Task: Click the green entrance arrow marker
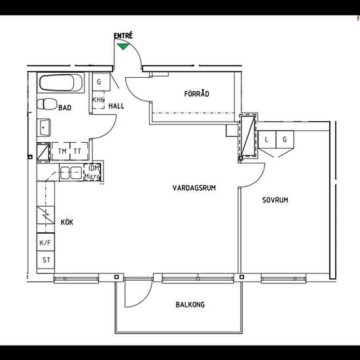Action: pyautogui.click(x=123, y=46)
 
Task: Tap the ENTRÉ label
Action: pyautogui.click(x=123, y=36)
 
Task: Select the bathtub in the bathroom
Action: pyautogui.click(x=61, y=82)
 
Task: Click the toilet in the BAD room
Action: pyautogui.click(x=47, y=104)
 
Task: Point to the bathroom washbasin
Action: pyautogui.click(x=44, y=128)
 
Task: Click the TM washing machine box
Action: pyautogui.click(x=61, y=151)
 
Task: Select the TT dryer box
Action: pyautogui.click(x=79, y=151)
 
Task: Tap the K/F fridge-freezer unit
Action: pyautogui.click(x=46, y=242)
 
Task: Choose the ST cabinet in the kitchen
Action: pyautogui.click(x=46, y=260)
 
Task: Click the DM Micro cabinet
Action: pyautogui.click(x=92, y=172)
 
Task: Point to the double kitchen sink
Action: pyautogui.click(x=71, y=173)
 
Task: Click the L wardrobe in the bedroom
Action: pyautogui.click(x=267, y=139)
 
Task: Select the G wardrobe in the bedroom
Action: pyautogui.click(x=285, y=139)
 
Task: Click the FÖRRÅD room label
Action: pyautogui.click(x=197, y=94)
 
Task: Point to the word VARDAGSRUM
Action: pyautogui.click(x=194, y=188)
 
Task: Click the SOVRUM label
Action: pyautogui.click(x=275, y=200)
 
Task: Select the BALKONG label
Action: pyautogui.click(x=190, y=304)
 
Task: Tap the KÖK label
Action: pyautogui.click(x=67, y=222)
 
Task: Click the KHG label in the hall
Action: pyautogui.click(x=98, y=100)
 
